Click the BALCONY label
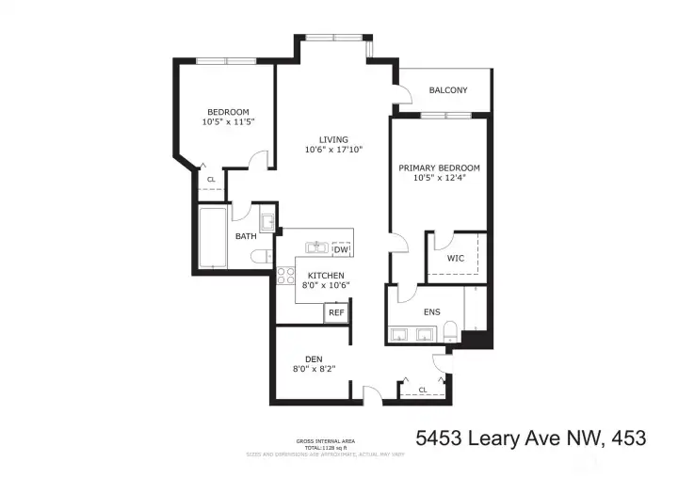pyautogui.click(x=448, y=90)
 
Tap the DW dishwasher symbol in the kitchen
pyautogui.click(x=341, y=248)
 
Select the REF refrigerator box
pyautogui.click(x=335, y=312)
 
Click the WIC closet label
pyautogui.click(x=456, y=258)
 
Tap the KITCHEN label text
pyautogui.click(x=319, y=276)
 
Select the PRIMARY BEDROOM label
pyautogui.click(x=439, y=167)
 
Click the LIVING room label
pyautogui.click(x=333, y=139)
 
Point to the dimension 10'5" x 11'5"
pyautogui.click(x=228, y=121)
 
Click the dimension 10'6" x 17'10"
pyautogui.click(x=333, y=150)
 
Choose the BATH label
pyautogui.click(x=246, y=236)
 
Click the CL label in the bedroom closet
pyautogui.click(x=211, y=179)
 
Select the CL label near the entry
pyautogui.click(x=423, y=389)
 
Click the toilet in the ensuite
pyautogui.click(x=450, y=330)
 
